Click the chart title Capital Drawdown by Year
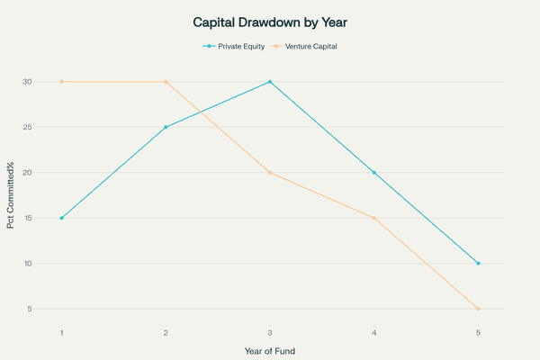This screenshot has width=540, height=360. click(270, 21)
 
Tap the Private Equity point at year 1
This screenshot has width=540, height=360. click(61, 218)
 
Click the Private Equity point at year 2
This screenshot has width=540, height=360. click(166, 127)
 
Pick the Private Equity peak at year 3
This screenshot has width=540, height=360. click(270, 82)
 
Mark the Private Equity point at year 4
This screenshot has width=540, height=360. click(374, 173)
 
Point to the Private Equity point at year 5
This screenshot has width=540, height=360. click(479, 264)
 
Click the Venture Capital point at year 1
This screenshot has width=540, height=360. click(61, 82)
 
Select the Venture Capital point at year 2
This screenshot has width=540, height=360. click(166, 82)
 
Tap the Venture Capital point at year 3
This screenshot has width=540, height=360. click(270, 173)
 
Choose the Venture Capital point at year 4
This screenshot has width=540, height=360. click(374, 218)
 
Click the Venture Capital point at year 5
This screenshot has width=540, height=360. click(479, 309)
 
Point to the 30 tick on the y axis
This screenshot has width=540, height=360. click(28, 82)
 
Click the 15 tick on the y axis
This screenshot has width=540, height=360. click(28, 218)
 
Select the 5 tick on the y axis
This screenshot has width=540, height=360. click(30, 309)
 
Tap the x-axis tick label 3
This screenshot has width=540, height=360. click(270, 332)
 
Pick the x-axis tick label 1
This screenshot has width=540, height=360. click(61, 332)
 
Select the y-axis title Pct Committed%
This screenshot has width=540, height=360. click(11, 195)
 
